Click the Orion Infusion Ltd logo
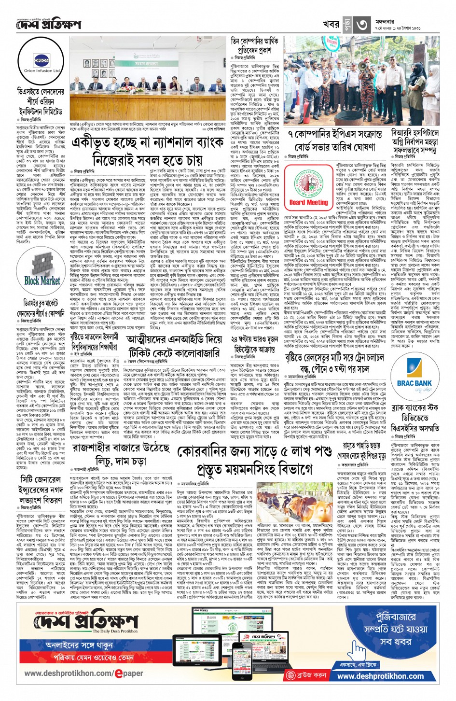pos(42,63)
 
